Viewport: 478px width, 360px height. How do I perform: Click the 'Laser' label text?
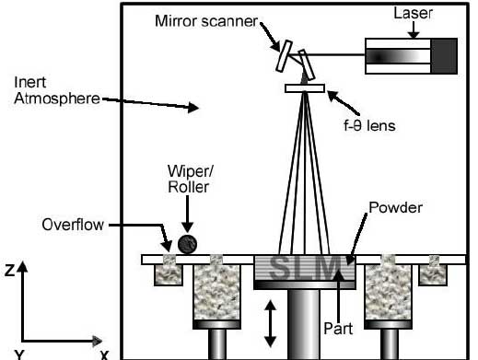click(413, 14)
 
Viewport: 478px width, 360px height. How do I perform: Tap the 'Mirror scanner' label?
click(206, 21)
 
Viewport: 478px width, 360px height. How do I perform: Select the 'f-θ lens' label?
click(369, 126)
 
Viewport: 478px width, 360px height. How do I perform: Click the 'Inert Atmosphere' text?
click(57, 90)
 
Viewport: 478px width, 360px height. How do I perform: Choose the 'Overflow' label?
click(73, 225)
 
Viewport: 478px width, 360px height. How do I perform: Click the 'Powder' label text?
click(395, 208)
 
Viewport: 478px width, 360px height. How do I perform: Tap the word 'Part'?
click(338, 329)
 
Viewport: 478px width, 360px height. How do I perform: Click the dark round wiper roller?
click(187, 244)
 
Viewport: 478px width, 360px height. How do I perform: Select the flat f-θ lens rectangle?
click(305, 88)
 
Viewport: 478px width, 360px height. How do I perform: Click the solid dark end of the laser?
click(444, 56)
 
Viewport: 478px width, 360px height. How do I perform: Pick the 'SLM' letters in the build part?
click(305, 268)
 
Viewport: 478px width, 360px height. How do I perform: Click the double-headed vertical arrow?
click(270, 324)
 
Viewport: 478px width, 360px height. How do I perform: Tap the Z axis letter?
click(9, 271)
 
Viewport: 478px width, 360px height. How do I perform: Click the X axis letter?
click(105, 355)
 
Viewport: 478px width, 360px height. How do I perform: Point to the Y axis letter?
click(19, 354)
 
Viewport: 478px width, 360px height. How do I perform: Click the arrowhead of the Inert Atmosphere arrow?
click(193, 108)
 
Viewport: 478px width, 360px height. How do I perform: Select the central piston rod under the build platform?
click(304, 324)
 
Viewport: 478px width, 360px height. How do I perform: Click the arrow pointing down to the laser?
click(414, 30)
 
